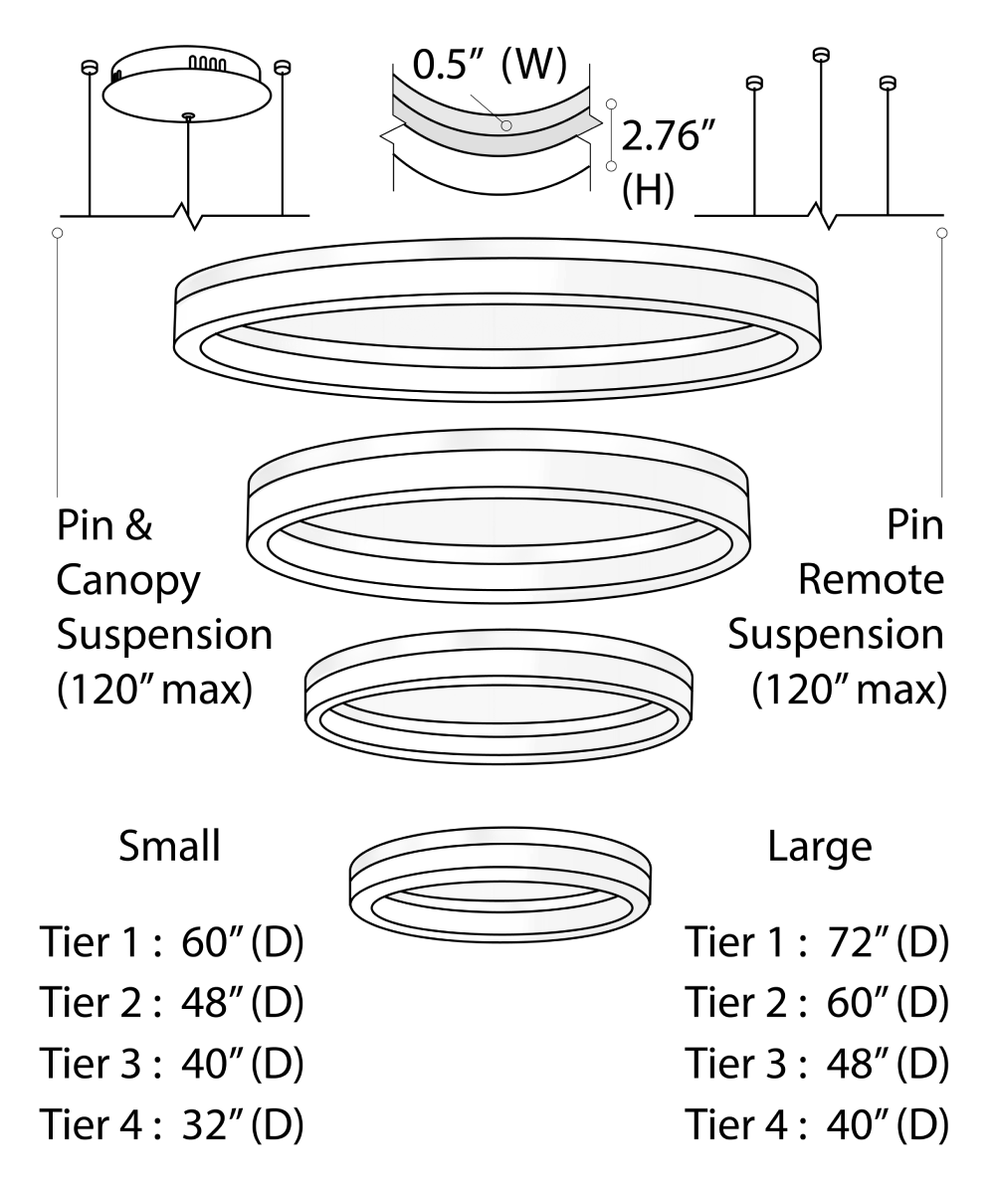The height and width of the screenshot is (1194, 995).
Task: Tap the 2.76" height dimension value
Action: tap(662, 136)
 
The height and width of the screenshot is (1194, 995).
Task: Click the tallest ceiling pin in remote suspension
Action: tap(820, 55)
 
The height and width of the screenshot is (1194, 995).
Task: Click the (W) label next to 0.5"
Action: tap(533, 67)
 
